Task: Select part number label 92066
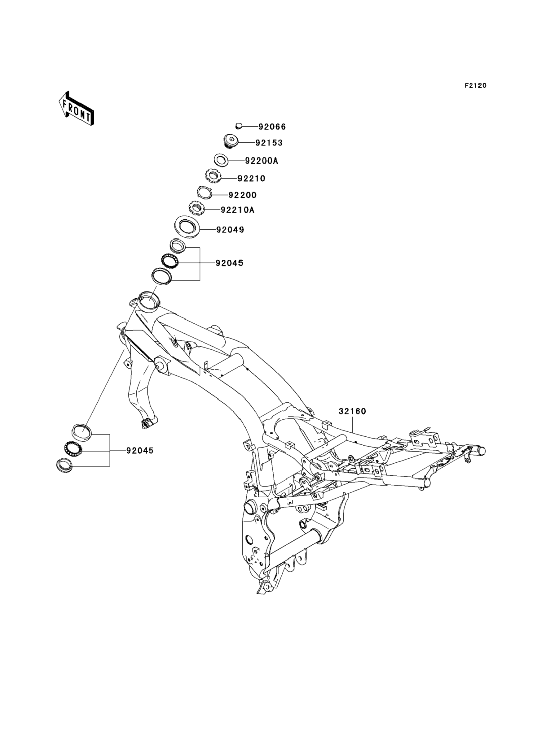(x=272, y=127)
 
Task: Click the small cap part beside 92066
(x=238, y=126)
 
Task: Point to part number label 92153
(x=269, y=143)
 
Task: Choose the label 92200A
(x=261, y=161)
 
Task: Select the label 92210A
(x=237, y=210)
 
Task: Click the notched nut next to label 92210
(x=212, y=175)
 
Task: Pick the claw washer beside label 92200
(x=205, y=192)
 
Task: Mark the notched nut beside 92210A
(x=197, y=209)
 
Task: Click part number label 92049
(x=230, y=230)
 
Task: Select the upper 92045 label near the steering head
(x=229, y=263)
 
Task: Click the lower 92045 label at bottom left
(x=140, y=451)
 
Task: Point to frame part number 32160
(x=352, y=411)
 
